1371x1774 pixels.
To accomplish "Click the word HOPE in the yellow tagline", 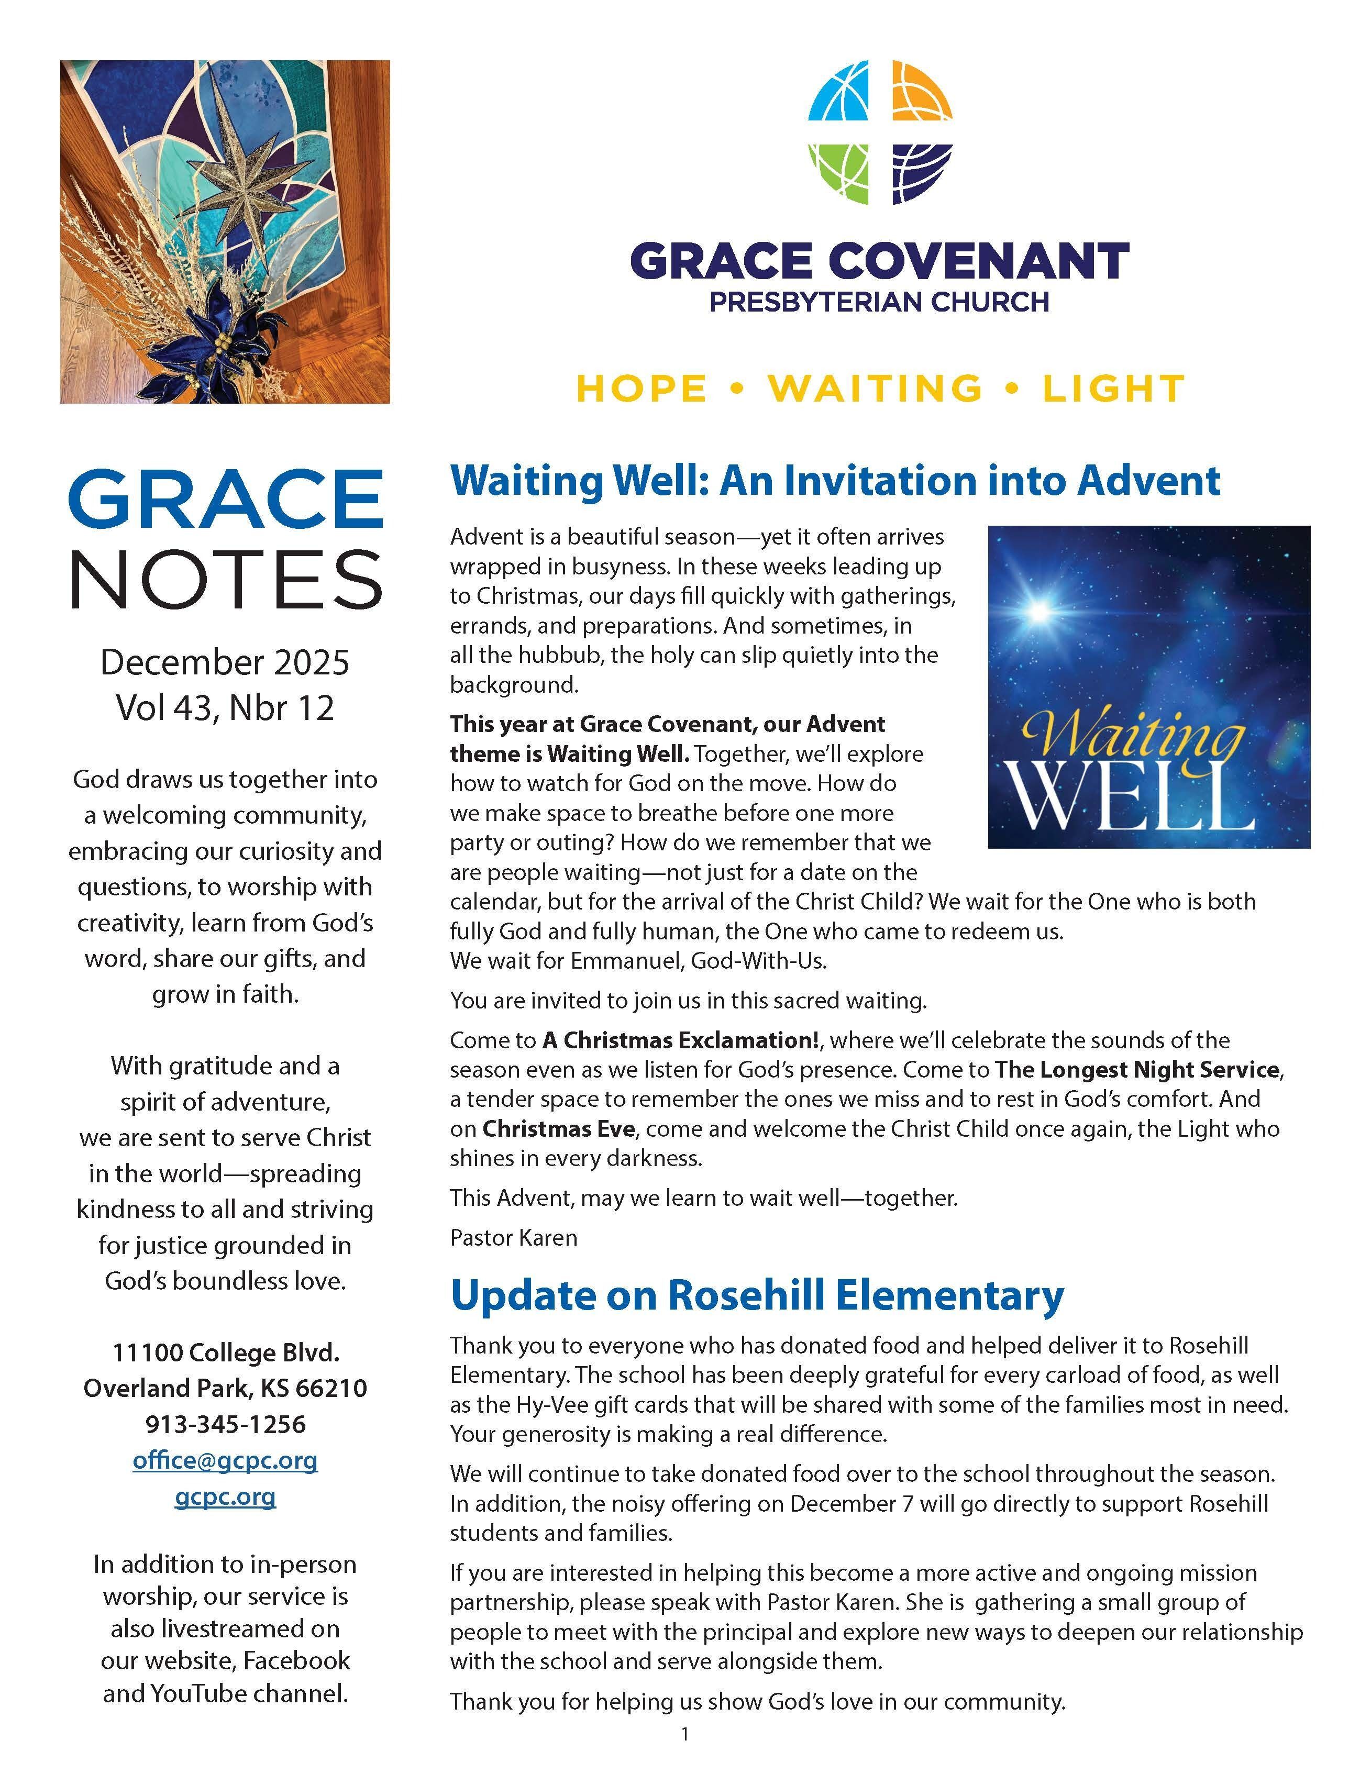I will [642, 389].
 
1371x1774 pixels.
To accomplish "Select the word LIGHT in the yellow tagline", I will [1113, 389].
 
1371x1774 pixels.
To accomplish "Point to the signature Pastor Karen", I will [513, 1238].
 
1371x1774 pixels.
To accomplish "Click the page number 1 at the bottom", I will [684, 1734].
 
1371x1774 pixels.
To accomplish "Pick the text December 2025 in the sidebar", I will [225, 662].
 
